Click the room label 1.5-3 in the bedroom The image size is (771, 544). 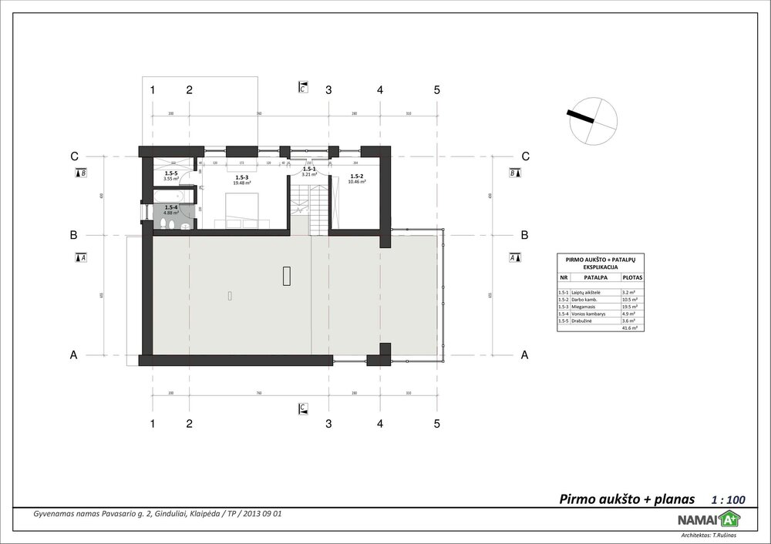click(242, 178)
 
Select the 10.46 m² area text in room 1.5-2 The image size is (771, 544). click(357, 182)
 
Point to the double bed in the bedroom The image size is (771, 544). click(241, 209)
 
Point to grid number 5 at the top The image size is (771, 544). click(436, 90)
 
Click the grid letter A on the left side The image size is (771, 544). click(74, 356)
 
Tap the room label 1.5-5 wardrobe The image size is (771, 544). click(170, 174)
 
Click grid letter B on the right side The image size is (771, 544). click(525, 234)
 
